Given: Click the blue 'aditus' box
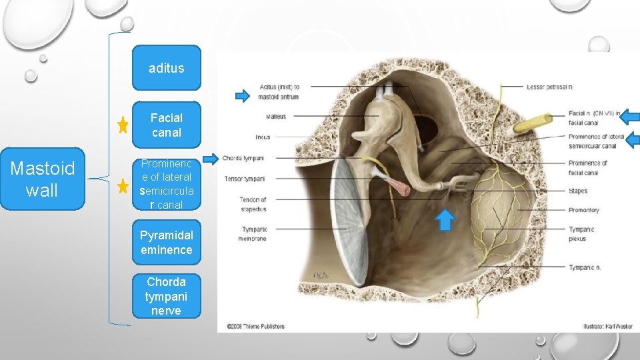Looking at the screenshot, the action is pyautogui.click(x=166, y=68).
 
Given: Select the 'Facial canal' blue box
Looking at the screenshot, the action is pyautogui.click(x=166, y=125).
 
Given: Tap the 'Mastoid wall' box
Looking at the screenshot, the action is pyautogui.click(x=41, y=179).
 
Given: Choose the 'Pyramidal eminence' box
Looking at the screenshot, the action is pyautogui.click(x=166, y=243).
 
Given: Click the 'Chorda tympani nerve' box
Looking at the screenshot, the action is pyautogui.click(x=166, y=296).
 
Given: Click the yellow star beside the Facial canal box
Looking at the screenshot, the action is pyautogui.click(x=123, y=125).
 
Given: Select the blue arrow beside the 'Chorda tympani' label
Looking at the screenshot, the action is pyautogui.click(x=211, y=159).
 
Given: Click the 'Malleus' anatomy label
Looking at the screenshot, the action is pyautogui.click(x=275, y=117).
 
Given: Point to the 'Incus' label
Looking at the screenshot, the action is pyautogui.click(x=263, y=137).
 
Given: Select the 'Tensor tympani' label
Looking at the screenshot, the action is pyautogui.click(x=244, y=179).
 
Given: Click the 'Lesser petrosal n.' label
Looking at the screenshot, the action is pyautogui.click(x=550, y=87).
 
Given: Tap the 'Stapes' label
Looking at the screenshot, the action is pyautogui.click(x=578, y=191).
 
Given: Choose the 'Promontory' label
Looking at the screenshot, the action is pyautogui.click(x=583, y=210).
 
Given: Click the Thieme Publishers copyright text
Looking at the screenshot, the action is pyautogui.click(x=256, y=326).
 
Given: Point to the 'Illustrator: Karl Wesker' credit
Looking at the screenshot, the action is pyautogui.click(x=607, y=326).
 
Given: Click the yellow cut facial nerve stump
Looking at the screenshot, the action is pyautogui.click(x=532, y=124).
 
